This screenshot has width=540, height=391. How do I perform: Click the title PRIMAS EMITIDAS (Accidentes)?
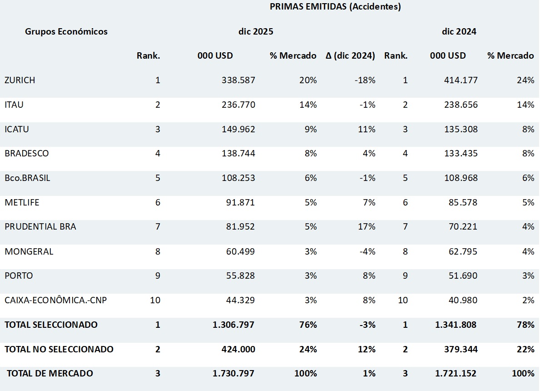335,7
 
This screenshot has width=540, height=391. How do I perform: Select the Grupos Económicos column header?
66,31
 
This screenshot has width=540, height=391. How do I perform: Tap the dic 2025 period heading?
256,31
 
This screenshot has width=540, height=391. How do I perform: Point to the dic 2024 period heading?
459,31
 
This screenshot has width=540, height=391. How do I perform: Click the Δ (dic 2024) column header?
350,56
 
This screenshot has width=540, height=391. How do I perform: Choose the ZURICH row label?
20,80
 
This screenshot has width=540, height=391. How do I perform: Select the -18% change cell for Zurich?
365,80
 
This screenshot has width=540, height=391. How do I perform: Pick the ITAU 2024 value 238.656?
461,105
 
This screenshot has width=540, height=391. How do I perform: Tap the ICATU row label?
17,129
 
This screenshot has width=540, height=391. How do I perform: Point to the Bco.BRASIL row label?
27,178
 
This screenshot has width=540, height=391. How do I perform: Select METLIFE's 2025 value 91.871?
241,203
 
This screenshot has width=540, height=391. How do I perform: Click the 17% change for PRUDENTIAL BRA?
367,227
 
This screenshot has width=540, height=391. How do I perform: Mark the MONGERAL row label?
29,251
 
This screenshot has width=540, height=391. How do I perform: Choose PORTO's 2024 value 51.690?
463,276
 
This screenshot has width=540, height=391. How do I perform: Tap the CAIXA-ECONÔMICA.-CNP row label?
55,301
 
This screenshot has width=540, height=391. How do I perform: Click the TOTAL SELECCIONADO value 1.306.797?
233,325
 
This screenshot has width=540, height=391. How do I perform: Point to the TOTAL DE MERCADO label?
50,374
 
